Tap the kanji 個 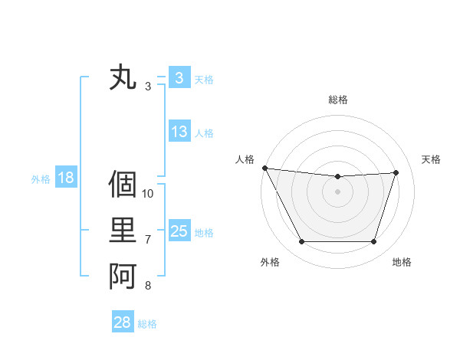123,184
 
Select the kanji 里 123,231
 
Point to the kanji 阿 123,277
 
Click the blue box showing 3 179,77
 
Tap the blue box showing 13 179,132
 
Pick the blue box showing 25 179,231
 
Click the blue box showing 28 122,322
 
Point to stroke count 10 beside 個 148,193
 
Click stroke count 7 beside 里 148,240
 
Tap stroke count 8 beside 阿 148,286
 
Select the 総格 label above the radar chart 338,100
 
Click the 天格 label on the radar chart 432,159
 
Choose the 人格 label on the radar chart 245,159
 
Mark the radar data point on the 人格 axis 264,168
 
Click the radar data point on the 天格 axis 396,172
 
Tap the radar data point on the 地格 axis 374,242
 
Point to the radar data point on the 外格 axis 301,242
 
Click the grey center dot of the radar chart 338,191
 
